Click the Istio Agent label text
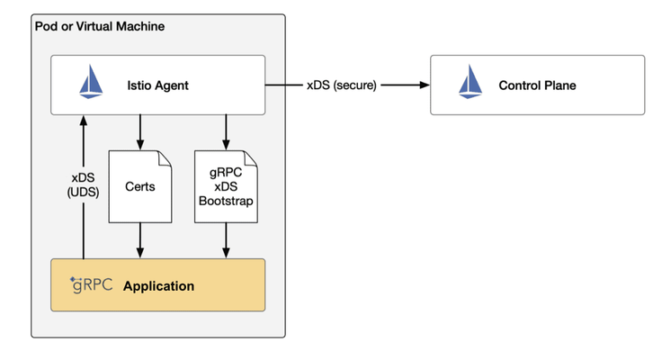pyautogui.click(x=157, y=85)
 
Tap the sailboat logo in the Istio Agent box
pyautogui.click(x=91, y=81)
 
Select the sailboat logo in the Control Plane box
pyautogui.click(x=470, y=81)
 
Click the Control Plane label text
pyautogui.click(x=537, y=85)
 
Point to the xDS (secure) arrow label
pyautogui.click(x=342, y=85)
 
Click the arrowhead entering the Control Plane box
pyautogui.click(x=425, y=85)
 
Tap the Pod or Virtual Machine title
pyautogui.click(x=100, y=26)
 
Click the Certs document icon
pyautogui.click(x=140, y=186)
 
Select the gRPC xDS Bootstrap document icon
pyautogui.click(x=226, y=186)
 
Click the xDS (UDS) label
pyautogui.click(x=83, y=184)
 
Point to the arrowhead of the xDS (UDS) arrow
pyautogui.click(x=84, y=121)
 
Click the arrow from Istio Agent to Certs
pyautogui.click(x=140, y=132)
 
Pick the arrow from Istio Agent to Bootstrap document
pyautogui.click(x=226, y=132)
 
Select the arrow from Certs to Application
pyautogui.click(x=140, y=240)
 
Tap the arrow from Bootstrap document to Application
pyautogui.click(x=226, y=240)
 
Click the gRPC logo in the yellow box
pyautogui.click(x=92, y=285)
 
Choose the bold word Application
pyautogui.click(x=159, y=286)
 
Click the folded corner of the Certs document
pyautogui.click(x=165, y=157)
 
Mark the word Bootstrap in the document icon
pyautogui.click(x=226, y=201)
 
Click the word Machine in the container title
pyautogui.click(x=140, y=26)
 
